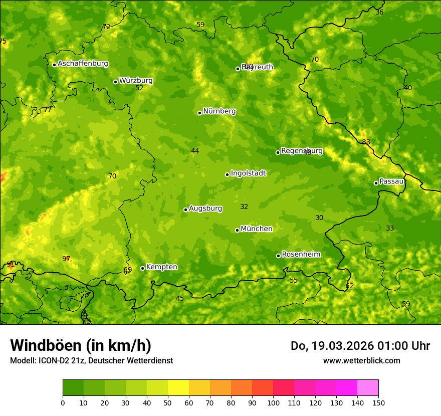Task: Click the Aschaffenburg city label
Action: [83, 64]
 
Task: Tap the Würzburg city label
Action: [136, 81]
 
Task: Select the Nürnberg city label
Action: [219, 111]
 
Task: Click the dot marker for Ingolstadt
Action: [227, 174]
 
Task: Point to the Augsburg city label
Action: [205, 209]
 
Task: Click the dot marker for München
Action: [237, 230]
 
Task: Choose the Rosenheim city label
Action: [301, 255]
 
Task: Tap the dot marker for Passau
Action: [376, 183]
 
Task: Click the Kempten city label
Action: [161, 267]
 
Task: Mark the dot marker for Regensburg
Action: [278, 152]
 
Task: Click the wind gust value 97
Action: [66, 259]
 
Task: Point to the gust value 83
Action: [366, 142]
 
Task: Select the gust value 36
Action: [379, 12]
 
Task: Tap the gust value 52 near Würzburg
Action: [139, 88]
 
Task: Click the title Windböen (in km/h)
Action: [81, 345]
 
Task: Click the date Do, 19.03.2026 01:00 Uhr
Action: [360, 346]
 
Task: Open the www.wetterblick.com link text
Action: [361, 360]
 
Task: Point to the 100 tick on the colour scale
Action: [273, 402]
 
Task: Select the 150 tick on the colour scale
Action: [378, 402]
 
